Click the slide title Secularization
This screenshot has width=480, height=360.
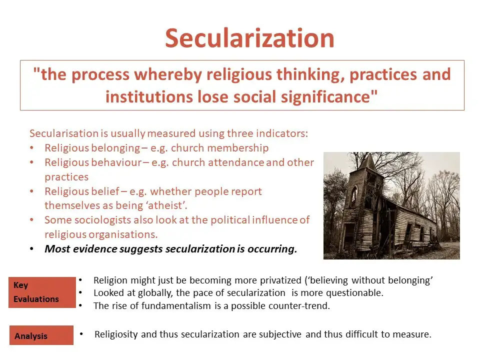coord(249,37)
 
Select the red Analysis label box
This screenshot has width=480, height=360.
coord(41,335)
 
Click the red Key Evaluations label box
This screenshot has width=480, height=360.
coord(42,292)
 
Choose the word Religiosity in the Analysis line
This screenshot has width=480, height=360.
coord(117,334)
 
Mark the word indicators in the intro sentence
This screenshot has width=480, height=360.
coord(284,133)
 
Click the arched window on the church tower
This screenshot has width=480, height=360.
coord(353,195)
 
